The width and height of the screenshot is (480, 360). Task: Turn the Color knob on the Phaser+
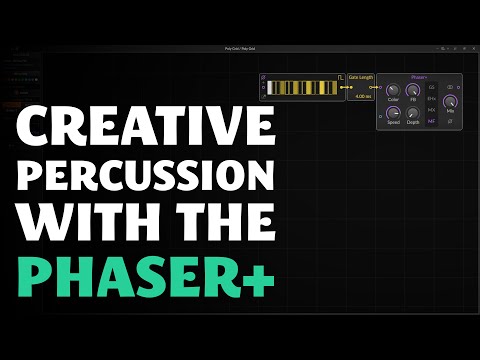[392, 90]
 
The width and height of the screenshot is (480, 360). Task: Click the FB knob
[413, 90]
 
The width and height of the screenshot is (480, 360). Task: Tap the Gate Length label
[360, 76]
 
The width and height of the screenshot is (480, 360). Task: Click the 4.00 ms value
[360, 96]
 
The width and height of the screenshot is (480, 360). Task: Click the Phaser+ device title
[419, 75]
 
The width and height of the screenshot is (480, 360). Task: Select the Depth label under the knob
[413, 122]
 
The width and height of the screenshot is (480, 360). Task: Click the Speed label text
[392, 122]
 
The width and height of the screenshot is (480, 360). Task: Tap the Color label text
[392, 100]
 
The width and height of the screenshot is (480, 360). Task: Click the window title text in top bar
[240, 48]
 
